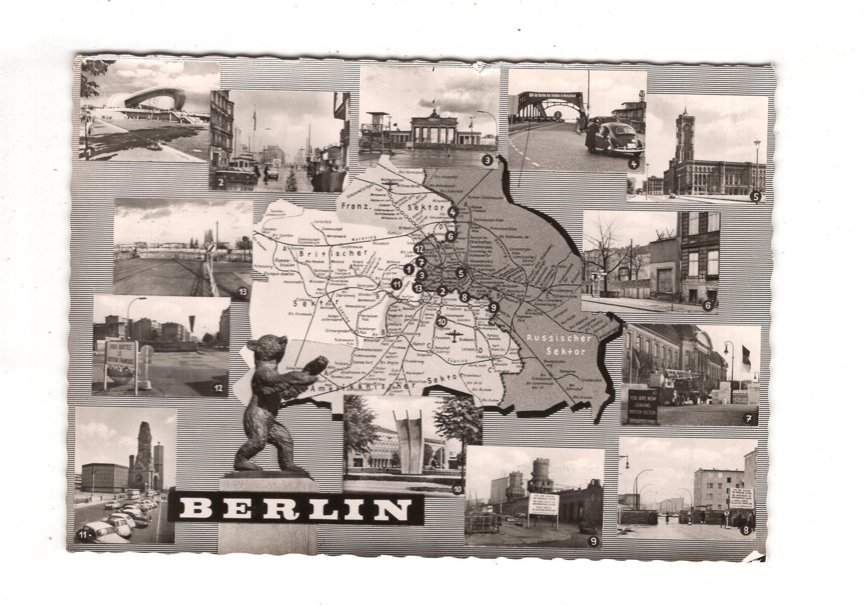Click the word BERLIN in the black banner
pos(293,511)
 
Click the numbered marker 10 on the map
pos(442,321)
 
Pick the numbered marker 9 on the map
pos(494,308)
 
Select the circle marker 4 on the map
pos(453,211)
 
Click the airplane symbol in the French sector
pos(390,183)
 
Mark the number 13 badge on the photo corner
pos(242,292)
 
